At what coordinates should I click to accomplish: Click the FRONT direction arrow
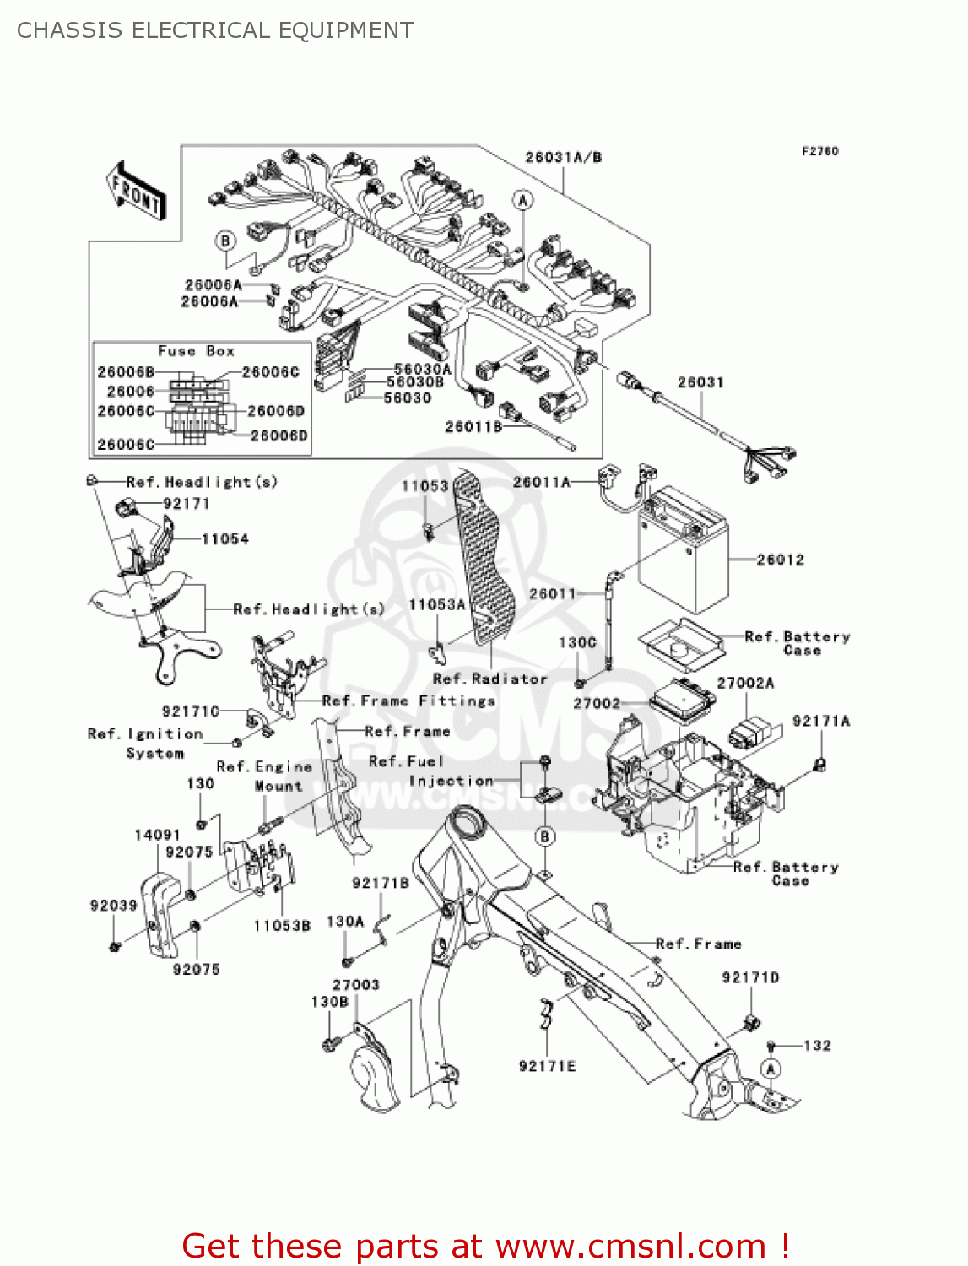pos(136,192)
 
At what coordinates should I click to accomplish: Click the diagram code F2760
pos(819,151)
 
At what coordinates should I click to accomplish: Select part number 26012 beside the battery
pos(780,560)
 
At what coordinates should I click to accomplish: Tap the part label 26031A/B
pos(563,157)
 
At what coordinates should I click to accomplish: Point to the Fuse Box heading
pos(196,351)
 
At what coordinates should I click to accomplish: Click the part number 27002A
pos(745,683)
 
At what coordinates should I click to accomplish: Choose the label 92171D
pos(750,977)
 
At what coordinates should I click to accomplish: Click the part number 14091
pos(157,835)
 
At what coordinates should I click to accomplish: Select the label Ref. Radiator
pos(489,679)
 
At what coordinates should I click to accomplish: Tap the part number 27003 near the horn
pos(355,985)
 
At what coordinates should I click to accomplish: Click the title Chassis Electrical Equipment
pos(215,30)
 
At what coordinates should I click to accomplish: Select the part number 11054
pos(224,539)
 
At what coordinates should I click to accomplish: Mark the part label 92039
pos(113,906)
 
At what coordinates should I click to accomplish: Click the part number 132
pos(817,1045)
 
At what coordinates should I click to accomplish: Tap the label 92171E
pos(547,1066)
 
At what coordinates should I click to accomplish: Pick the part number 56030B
pos(414,382)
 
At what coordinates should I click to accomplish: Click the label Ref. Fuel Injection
pos(430,771)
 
